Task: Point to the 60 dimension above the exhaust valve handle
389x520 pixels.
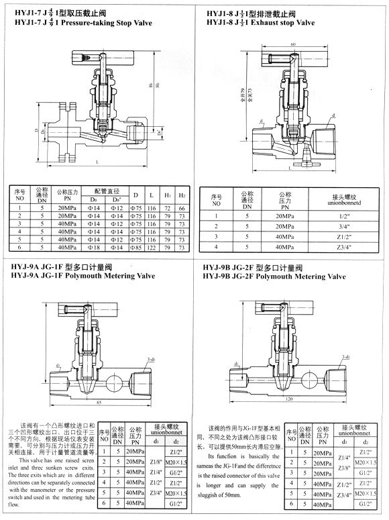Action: [x=293, y=45]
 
